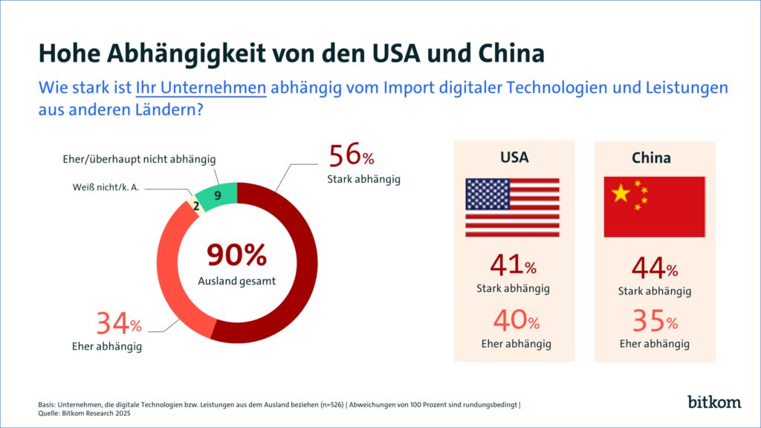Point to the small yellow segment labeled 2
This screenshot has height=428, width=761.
(196, 206)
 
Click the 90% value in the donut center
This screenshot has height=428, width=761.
(236, 255)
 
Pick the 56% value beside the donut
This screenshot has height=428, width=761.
(352, 156)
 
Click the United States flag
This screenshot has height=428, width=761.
(512, 207)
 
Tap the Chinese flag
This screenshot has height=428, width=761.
(654, 207)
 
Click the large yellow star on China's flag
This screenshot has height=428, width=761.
(620, 194)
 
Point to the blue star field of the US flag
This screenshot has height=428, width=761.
(487, 194)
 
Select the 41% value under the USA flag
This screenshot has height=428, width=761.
(513, 265)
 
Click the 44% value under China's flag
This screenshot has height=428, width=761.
(654, 267)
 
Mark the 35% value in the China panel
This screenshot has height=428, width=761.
(654, 321)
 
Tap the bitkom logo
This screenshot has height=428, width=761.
(714, 402)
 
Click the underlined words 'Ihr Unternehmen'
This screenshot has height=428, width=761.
(201, 88)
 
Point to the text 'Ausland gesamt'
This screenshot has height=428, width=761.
(236, 281)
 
